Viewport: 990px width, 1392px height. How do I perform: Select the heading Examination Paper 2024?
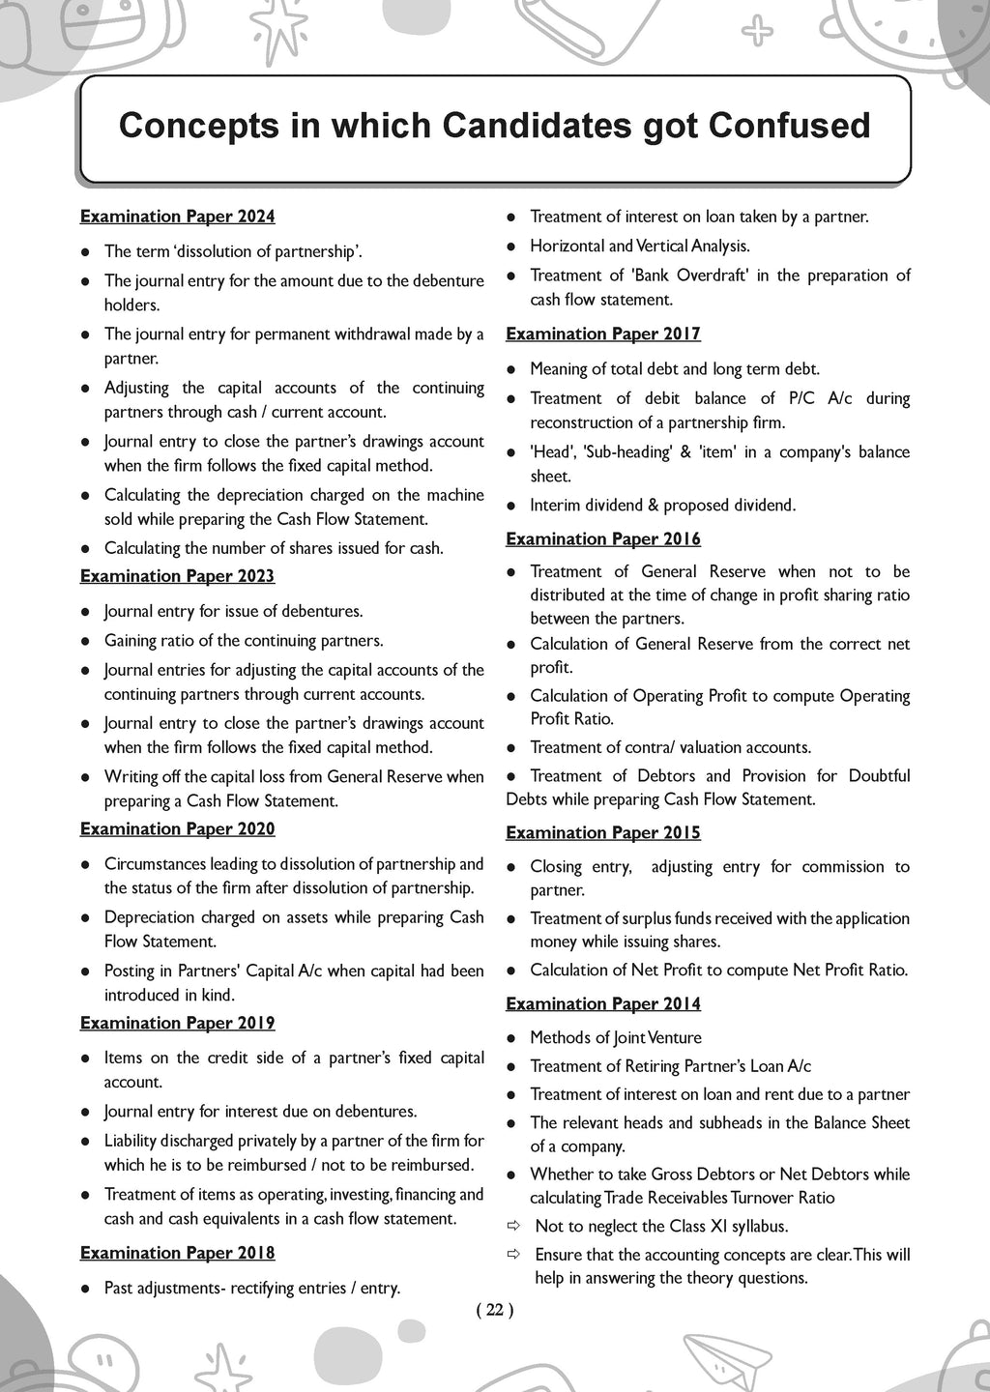point(177,217)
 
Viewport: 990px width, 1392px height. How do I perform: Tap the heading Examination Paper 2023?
point(177,576)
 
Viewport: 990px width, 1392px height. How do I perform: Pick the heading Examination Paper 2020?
point(177,828)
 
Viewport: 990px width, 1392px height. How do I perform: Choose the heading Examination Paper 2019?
point(177,1023)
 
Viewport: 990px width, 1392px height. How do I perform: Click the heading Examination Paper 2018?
point(177,1253)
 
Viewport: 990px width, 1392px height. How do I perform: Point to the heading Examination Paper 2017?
point(603,333)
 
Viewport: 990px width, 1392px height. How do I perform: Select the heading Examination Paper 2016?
point(603,538)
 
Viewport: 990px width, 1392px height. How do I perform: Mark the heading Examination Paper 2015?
point(603,832)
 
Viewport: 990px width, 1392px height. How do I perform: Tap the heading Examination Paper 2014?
point(603,1003)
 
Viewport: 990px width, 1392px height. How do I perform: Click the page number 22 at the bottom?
point(495,1310)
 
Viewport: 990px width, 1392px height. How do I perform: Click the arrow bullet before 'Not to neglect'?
point(513,1226)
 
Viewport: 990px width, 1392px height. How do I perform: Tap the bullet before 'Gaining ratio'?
point(85,641)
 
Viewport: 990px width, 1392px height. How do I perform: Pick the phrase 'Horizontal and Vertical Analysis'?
point(639,246)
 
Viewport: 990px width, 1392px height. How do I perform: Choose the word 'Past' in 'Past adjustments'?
point(120,1288)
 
